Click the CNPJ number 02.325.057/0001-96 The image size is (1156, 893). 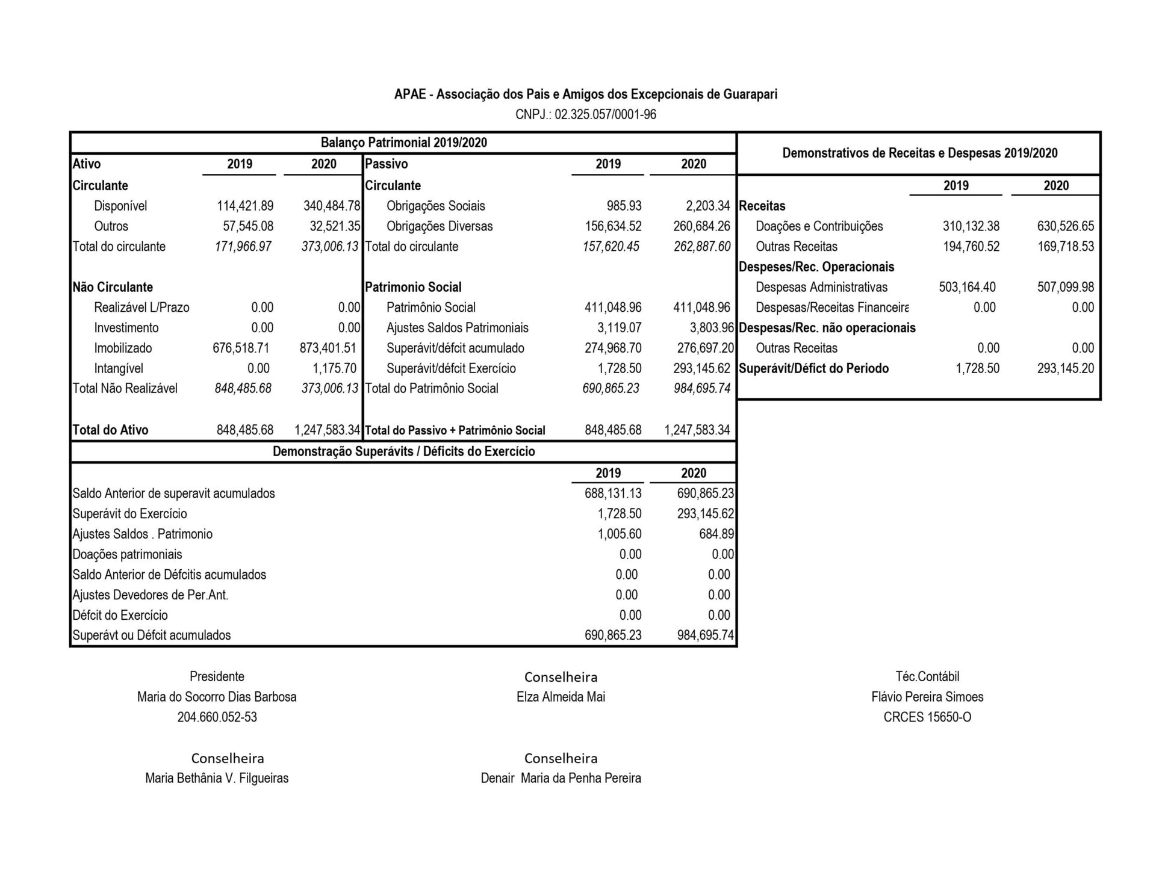coord(605,114)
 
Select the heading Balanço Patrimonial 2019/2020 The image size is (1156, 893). coord(403,143)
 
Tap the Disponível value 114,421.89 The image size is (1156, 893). coord(245,206)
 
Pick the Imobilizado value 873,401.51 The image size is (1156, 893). coord(328,348)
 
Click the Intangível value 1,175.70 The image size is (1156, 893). coord(334,368)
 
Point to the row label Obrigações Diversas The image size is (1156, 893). coord(440,226)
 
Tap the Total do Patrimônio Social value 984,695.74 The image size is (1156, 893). coord(702,388)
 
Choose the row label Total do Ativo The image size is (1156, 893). coord(110,430)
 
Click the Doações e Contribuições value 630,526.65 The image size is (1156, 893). coord(1065,226)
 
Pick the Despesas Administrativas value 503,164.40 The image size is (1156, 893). coord(967,287)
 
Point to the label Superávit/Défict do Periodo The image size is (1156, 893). coord(813,368)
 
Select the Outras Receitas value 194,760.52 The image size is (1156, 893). coord(971,247)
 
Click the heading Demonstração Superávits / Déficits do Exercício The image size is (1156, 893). coord(403,451)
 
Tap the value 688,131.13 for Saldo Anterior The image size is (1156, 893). coord(613,493)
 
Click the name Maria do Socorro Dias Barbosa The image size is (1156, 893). coord(217,697)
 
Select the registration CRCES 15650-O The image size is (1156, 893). coord(927,717)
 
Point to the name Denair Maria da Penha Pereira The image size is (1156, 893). coord(561,778)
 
